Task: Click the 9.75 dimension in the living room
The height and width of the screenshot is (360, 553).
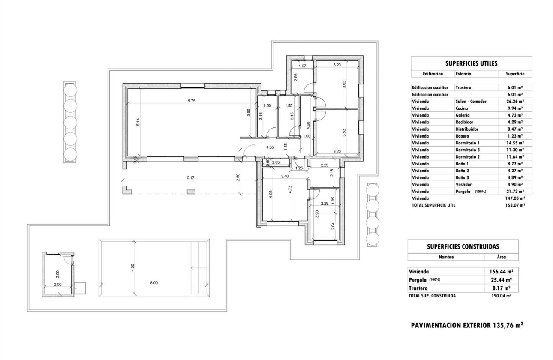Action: coord(191,101)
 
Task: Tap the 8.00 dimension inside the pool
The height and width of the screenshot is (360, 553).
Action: coord(154,282)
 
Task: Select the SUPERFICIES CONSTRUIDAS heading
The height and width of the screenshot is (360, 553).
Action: coord(463,246)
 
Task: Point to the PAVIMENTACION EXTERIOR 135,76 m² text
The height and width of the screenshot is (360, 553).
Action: coord(467,325)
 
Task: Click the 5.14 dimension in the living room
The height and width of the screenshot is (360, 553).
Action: coord(138,122)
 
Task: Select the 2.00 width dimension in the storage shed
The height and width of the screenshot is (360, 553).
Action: coord(58,284)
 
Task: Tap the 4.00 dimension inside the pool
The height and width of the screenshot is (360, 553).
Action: coord(133,267)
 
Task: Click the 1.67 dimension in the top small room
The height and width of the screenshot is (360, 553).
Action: coord(302,66)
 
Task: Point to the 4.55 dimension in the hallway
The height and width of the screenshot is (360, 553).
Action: coord(270,147)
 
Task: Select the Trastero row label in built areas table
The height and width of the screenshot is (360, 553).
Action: coord(418,288)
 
